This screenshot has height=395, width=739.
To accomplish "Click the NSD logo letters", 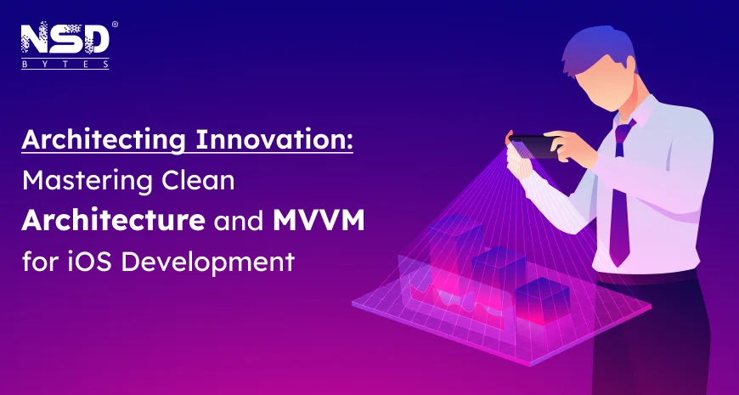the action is pyautogui.click(x=65, y=39).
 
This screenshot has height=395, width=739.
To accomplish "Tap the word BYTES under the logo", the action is pyautogui.click(x=65, y=65).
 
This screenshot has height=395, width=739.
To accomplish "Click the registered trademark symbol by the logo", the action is pyautogui.click(x=115, y=24).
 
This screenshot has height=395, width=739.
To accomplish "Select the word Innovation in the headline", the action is pyautogui.click(x=274, y=139).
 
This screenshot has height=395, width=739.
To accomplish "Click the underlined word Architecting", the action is pyautogui.click(x=104, y=140).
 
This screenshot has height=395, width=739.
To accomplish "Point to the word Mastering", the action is pyautogui.click(x=87, y=181).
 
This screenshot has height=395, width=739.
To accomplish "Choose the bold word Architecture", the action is pyautogui.click(x=113, y=221).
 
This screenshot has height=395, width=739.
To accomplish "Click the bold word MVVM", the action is pyautogui.click(x=319, y=221).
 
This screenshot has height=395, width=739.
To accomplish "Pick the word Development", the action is pyautogui.click(x=208, y=263).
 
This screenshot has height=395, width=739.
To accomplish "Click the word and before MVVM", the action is pyautogui.click(x=239, y=221).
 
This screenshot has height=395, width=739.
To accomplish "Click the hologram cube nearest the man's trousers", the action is pyautogui.click(x=542, y=301).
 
